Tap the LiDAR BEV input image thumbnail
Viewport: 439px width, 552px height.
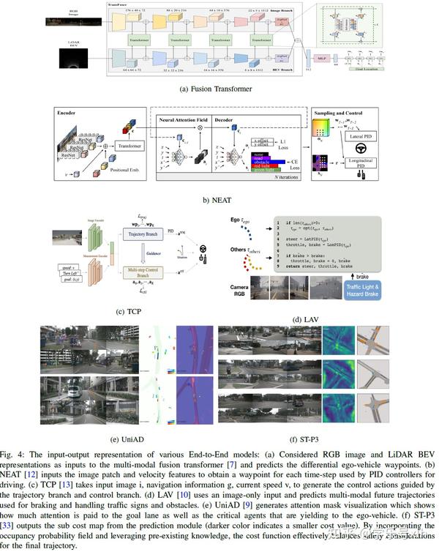(x=72, y=55)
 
